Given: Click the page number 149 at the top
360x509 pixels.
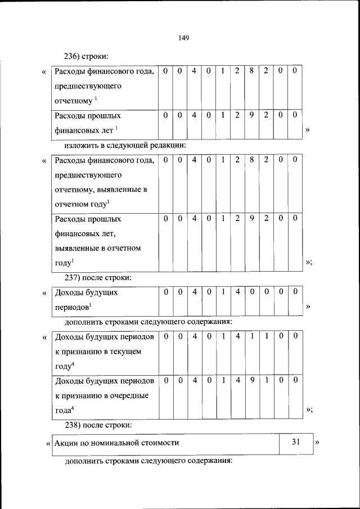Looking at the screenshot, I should [183, 38].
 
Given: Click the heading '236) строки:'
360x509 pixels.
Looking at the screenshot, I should [87, 57].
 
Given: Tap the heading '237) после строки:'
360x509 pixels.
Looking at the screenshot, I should [98, 277].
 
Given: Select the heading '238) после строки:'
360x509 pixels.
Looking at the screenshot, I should [98, 424].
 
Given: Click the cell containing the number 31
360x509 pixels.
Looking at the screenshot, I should [296, 443].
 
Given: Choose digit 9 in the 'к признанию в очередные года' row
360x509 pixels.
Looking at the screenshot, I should [252, 380].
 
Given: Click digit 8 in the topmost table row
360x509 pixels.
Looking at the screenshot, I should [252, 71].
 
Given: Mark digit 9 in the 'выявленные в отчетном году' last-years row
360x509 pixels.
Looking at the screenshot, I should [252, 218].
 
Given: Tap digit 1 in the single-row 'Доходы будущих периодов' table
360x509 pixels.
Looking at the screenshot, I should [223, 291].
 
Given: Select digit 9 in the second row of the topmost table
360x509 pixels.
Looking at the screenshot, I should [252, 115].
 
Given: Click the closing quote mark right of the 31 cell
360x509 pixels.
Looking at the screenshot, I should [317, 443].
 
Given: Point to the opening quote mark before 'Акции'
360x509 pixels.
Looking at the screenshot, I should [48, 443].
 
